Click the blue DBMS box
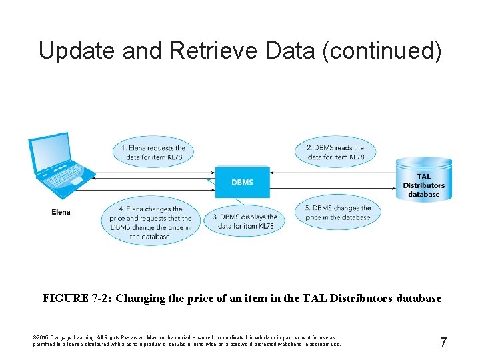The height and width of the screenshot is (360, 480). pos(242,181)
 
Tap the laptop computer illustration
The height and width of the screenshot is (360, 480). pos(59,167)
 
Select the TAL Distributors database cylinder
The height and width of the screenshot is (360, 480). pos(423,179)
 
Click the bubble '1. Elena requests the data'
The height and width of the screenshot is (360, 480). pos(153,153)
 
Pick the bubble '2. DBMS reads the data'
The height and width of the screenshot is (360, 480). pos(335,153)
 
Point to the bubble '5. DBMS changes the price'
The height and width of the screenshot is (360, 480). pos(338,213)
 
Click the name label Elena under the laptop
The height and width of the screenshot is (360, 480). pos(61,212)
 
